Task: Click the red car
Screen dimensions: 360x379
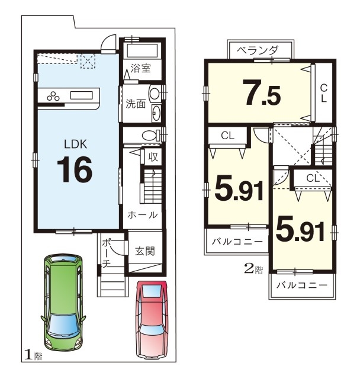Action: tap(152, 320)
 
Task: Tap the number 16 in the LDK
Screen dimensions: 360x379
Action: tap(75, 169)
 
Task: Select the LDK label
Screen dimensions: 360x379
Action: tap(75, 144)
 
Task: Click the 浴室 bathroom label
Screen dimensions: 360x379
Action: tap(140, 69)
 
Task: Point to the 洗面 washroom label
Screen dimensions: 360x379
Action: tap(136, 104)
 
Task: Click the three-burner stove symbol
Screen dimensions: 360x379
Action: tap(53, 96)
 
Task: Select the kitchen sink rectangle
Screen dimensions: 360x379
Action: tap(82, 95)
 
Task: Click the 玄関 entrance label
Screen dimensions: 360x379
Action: tap(144, 251)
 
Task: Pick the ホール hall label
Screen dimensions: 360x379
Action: tap(143, 215)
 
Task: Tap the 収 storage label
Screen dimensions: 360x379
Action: tap(153, 157)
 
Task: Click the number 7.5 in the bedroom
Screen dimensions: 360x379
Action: tap(263, 93)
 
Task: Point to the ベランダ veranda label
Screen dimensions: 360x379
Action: tap(258, 50)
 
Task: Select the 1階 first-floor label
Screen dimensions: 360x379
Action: tap(33, 355)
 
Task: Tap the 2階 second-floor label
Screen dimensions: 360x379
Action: tap(253, 269)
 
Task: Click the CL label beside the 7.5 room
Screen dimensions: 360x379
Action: tap(324, 94)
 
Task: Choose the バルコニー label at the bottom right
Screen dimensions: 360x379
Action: tap(302, 285)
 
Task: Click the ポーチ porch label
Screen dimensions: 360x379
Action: tap(107, 253)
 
